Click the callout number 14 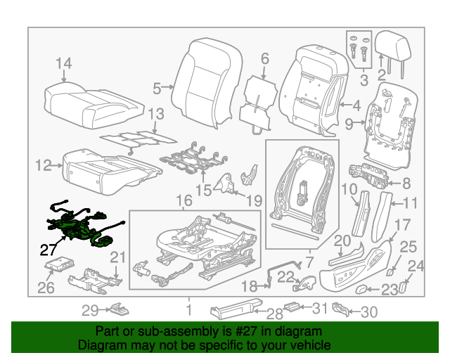[63, 65]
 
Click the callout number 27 [48, 249]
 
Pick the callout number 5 [157, 89]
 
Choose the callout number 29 [89, 310]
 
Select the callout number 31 [321, 307]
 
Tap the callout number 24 [416, 266]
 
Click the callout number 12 [44, 166]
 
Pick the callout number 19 [254, 199]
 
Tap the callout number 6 [264, 58]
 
